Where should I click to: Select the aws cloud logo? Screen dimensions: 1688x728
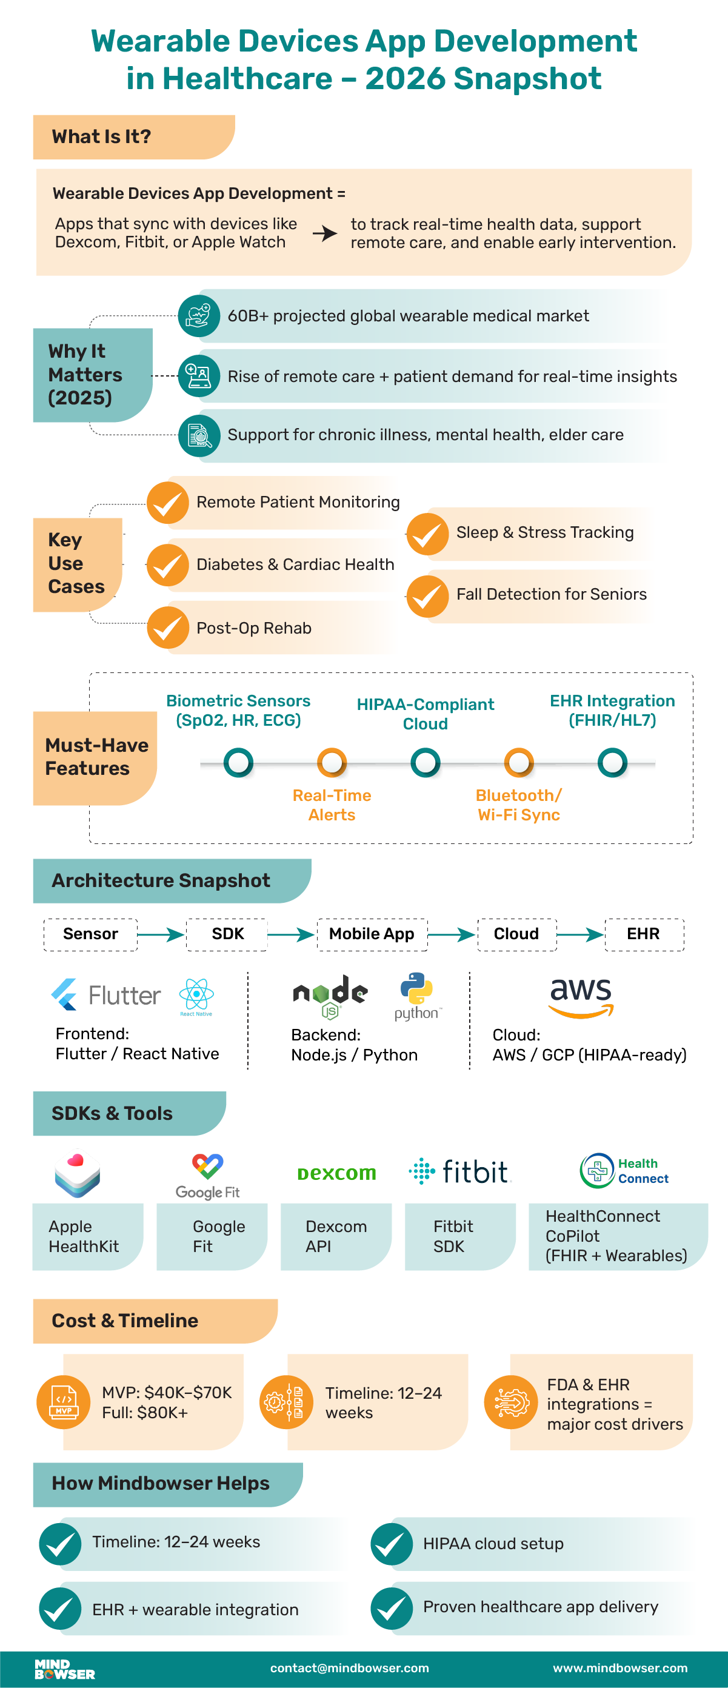click(x=581, y=997)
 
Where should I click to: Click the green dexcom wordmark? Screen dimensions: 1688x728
click(x=336, y=1173)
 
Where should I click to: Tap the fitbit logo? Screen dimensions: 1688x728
click(x=459, y=1171)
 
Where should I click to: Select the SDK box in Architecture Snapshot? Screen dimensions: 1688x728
click(x=227, y=934)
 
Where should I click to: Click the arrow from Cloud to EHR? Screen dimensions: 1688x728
click(x=580, y=934)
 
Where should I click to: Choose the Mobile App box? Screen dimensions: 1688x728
click(x=372, y=934)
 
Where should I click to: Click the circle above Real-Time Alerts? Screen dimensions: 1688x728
click(x=332, y=762)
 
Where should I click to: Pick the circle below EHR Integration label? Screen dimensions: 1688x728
click(x=612, y=762)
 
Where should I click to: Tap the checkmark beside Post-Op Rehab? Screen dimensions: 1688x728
click(x=168, y=628)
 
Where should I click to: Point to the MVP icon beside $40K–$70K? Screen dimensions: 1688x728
click(x=64, y=1402)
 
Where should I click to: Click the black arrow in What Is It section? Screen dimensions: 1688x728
click(x=324, y=233)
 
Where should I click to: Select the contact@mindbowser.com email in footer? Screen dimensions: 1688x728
click(x=349, y=1667)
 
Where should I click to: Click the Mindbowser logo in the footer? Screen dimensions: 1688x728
click(x=64, y=1669)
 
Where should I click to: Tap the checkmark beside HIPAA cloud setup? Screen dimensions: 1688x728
click(x=391, y=1544)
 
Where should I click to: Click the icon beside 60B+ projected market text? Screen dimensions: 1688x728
click(x=199, y=316)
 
